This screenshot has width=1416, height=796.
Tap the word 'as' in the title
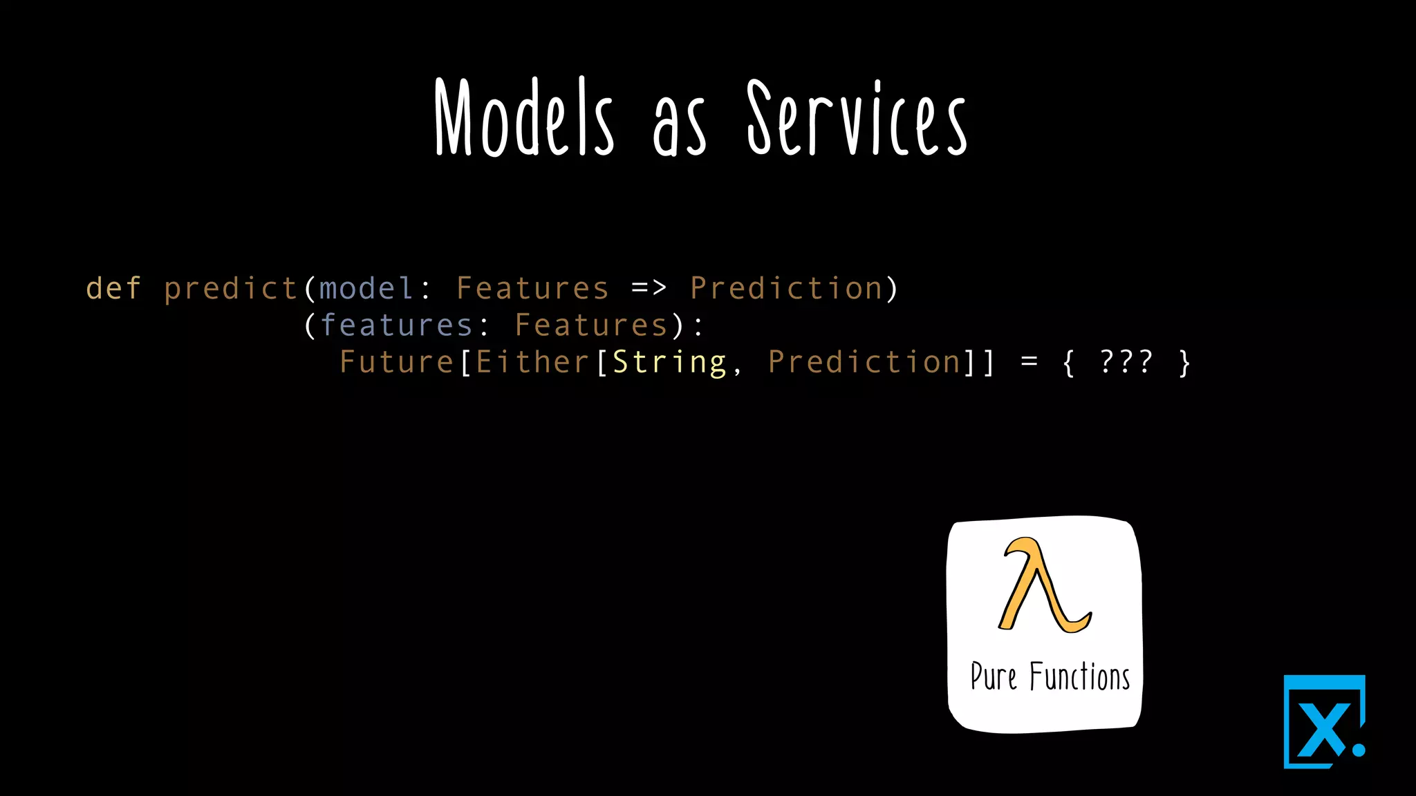(x=679, y=129)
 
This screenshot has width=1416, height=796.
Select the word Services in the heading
(x=857, y=119)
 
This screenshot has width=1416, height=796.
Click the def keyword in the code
(x=113, y=288)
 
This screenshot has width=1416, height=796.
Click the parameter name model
(x=366, y=288)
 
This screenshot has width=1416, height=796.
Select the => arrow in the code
(x=649, y=287)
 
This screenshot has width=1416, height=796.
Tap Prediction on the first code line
(x=786, y=288)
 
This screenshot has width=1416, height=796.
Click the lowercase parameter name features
(x=396, y=325)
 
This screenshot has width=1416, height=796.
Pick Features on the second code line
(x=591, y=325)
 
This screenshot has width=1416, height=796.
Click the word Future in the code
(x=396, y=362)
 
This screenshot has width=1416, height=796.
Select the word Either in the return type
(x=532, y=362)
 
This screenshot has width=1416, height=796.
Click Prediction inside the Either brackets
(x=864, y=362)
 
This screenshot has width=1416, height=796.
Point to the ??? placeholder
(x=1126, y=361)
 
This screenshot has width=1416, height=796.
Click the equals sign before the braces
(x=1029, y=362)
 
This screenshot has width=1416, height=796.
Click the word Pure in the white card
(x=993, y=676)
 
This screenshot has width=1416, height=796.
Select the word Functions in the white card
(x=1079, y=676)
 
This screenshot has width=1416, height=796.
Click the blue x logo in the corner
(x=1324, y=723)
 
